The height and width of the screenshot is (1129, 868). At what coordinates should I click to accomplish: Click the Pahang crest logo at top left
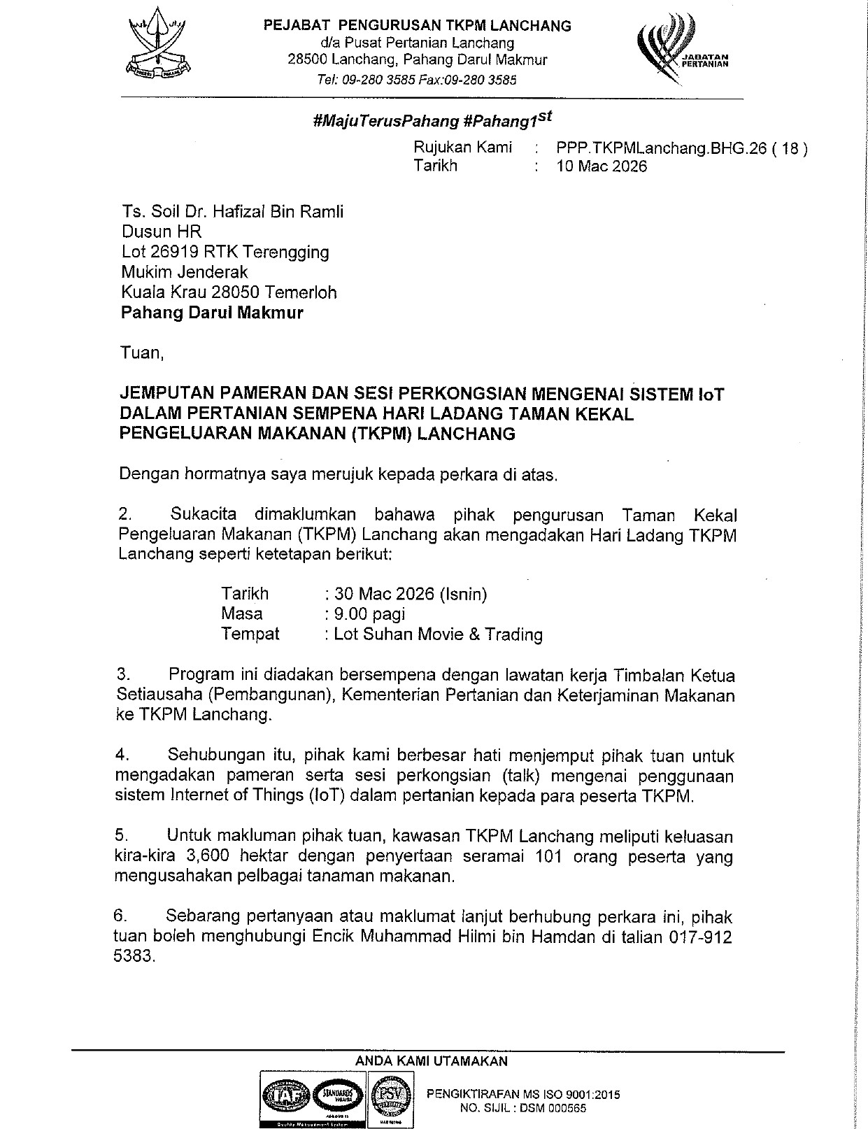[x=159, y=49]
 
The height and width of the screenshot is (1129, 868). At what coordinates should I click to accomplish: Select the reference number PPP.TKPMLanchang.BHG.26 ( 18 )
[x=681, y=148]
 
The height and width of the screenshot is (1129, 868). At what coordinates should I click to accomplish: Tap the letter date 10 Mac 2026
[x=602, y=166]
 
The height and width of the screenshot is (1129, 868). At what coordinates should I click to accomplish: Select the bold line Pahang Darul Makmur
[x=212, y=312]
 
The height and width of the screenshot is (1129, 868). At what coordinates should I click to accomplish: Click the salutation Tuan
[x=141, y=353]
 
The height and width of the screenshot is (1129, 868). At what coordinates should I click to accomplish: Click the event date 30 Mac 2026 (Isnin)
[x=410, y=594]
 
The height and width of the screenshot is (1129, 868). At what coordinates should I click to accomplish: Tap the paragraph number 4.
[x=123, y=755]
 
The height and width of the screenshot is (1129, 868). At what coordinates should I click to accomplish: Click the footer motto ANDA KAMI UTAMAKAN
[x=432, y=1061]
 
